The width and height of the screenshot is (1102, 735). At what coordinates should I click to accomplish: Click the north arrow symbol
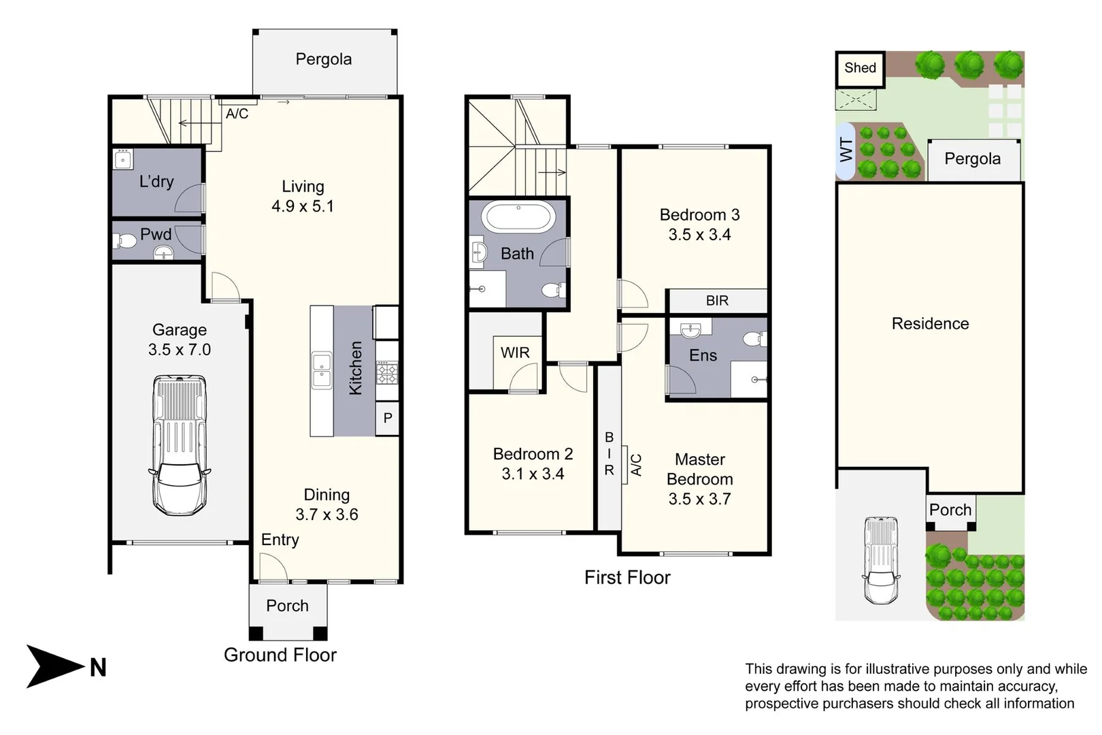[x=54, y=666]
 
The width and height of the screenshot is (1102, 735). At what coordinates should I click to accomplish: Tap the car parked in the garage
[x=180, y=446]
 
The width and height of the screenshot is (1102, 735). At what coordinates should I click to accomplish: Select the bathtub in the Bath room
[x=518, y=216]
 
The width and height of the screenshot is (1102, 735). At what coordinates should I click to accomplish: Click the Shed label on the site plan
[x=860, y=67]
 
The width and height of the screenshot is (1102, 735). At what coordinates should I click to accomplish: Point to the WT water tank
[x=846, y=150]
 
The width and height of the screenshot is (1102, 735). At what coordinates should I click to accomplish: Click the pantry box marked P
[x=387, y=419]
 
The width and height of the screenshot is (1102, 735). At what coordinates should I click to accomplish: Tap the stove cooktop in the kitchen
[x=387, y=373]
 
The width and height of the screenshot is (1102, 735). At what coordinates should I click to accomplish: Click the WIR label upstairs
[x=515, y=353]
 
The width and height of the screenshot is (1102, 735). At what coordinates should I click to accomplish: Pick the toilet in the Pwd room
[x=125, y=241]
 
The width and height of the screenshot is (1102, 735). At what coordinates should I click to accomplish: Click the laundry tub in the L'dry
[x=123, y=160]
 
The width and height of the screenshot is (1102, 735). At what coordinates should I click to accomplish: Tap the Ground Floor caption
[x=280, y=655]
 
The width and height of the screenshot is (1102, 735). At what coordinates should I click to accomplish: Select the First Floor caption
[x=627, y=578]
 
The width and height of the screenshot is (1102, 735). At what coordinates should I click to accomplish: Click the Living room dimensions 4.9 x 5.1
[x=303, y=206]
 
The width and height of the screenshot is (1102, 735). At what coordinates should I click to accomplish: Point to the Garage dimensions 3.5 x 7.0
[x=180, y=350]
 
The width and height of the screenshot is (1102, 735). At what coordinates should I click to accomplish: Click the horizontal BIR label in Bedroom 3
[x=717, y=300]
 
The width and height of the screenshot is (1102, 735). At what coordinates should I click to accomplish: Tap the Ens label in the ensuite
[x=703, y=355]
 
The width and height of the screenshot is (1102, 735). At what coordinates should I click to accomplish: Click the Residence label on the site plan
[x=931, y=323]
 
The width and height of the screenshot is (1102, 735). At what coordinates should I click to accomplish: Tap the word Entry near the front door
[x=280, y=540]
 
